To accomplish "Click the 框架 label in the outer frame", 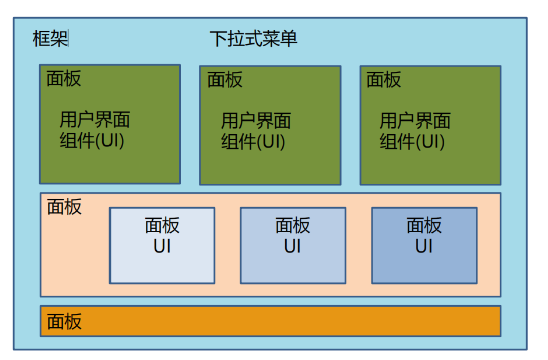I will tap(50, 39).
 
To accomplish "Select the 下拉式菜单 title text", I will tap(254, 39).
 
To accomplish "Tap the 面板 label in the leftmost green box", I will tap(64, 79).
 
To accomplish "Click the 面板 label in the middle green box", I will tap(225, 79).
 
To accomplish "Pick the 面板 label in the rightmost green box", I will tap(384, 79).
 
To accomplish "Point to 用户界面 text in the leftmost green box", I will tap(95, 119).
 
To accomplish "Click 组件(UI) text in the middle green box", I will tap(253, 141).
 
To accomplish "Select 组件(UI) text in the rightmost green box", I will tap(412, 141).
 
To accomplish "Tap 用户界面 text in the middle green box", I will tap(256, 121).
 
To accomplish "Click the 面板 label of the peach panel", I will tap(64, 206).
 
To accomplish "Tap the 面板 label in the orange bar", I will tap(64, 321).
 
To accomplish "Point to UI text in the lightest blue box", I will tap(162, 247).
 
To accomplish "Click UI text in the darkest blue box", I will tap(424, 247).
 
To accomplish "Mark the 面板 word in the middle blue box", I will tap(293, 226).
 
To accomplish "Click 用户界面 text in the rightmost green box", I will tap(414, 121).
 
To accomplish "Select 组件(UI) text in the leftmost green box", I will tap(92, 140).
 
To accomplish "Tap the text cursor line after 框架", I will tap(68, 39).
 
